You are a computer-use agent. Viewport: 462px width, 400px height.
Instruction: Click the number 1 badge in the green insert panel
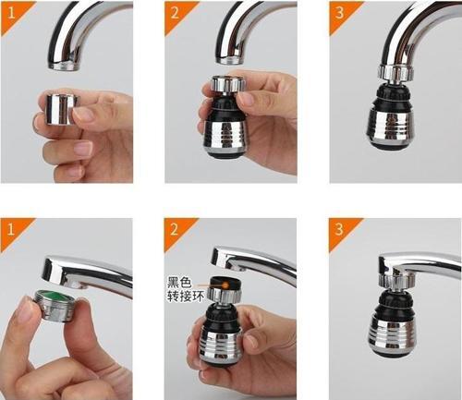point(11,227)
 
